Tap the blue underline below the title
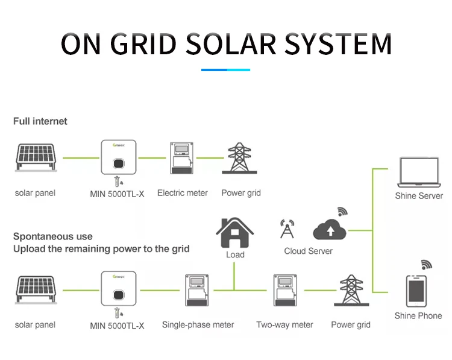(225, 70)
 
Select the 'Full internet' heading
(40, 121)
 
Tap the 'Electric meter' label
(182, 193)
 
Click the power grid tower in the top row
(241, 159)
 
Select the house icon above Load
(235, 232)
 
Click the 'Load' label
(235, 254)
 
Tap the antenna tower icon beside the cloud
(287, 229)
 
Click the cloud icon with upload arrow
(330, 229)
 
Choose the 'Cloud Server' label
(308, 251)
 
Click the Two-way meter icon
(284, 291)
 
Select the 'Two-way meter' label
(284, 325)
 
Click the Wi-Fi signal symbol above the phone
(426, 264)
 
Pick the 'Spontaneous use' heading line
(53, 236)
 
